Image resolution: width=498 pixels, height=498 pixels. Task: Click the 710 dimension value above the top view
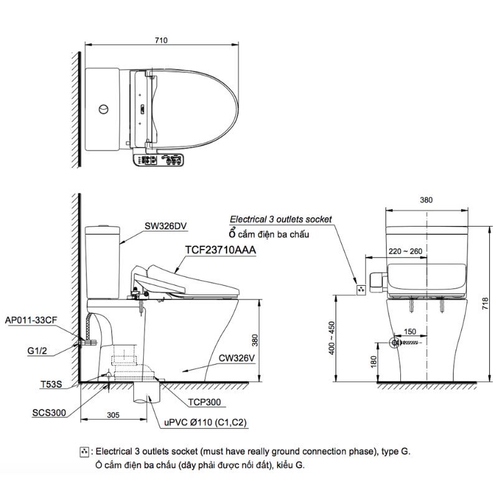[161, 40]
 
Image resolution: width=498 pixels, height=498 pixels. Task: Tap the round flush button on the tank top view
[103, 110]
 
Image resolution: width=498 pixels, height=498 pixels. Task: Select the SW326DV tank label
[166, 226]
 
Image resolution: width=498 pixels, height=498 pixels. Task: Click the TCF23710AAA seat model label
[220, 250]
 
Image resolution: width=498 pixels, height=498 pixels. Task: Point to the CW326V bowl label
[237, 359]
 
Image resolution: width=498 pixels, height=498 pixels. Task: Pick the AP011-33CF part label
[31, 320]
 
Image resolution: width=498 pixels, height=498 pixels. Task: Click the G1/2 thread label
[37, 350]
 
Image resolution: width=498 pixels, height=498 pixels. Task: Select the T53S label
[51, 384]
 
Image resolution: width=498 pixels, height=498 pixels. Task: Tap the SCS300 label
[49, 413]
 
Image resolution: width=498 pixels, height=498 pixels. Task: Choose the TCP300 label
[204, 402]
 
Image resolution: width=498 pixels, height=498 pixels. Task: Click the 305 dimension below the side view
[113, 415]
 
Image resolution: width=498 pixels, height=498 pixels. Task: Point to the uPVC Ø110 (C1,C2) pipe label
[205, 423]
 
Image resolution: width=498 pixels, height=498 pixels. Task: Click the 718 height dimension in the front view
[485, 304]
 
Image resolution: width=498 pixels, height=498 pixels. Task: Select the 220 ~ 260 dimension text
[405, 251]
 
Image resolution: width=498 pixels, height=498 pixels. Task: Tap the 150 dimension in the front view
[410, 332]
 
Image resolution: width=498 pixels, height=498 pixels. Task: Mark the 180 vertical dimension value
[374, 362]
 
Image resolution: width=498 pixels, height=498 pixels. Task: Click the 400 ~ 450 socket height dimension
[332, 338]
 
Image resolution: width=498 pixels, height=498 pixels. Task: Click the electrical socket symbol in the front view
[361, 289]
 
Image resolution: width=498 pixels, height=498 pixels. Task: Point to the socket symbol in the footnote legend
[84, 452]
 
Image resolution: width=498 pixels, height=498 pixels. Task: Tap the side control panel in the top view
[158, 159]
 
